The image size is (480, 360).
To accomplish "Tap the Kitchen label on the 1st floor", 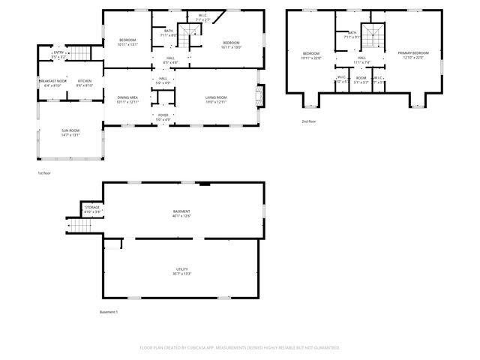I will pyautogui.click(x=84, y=83).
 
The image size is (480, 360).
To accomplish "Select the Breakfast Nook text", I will pyautogui.click(x=52, y=83).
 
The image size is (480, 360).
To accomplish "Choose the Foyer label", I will pyautogui.click(x=163, y=117).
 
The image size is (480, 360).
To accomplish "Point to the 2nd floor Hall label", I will pyautogui.click(x=361, y=60).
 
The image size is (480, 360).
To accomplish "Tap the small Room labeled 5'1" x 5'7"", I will pyautogui.click(x=361, y=79).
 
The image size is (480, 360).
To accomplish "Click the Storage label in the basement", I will pyautogui.click(x=91, y=209).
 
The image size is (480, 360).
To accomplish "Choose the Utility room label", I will pyautogui.click(x=181, y=271).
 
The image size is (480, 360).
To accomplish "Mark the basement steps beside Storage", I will pyautogui.click(x=80, y=226).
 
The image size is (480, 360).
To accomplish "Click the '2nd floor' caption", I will pyautogui.click(x=308, y=121).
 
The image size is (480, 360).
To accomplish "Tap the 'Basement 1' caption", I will pyautogui.click(x=109, y=312).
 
